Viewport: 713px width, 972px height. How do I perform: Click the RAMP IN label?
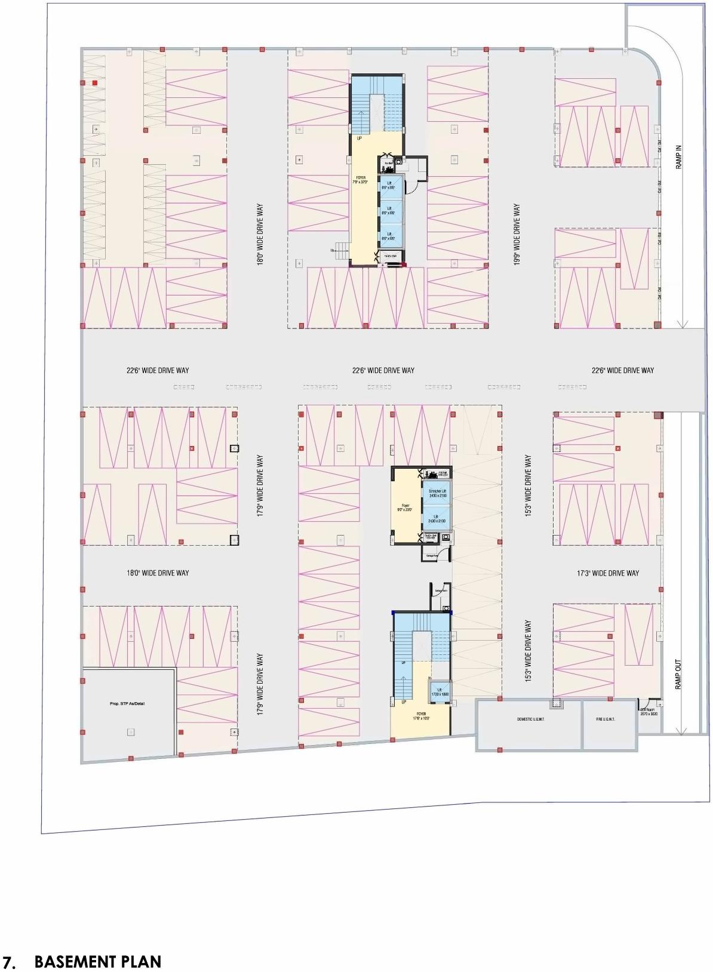(x=679, y=156)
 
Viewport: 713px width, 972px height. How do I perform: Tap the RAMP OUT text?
(x=678, y=675)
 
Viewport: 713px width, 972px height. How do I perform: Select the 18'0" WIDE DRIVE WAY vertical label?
(x=260, y=235)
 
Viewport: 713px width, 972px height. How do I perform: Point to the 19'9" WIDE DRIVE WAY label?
(x=517, y=235)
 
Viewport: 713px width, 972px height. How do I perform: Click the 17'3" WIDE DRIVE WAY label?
(x=608, y=573)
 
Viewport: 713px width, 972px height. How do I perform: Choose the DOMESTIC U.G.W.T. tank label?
(x=530, y=719)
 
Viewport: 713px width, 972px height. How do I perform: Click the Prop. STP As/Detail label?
(x=127, y=703)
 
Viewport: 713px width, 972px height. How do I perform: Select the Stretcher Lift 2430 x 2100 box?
(x=437, y=493)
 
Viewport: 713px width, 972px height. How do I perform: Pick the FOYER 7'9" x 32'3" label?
(x=361, y=180)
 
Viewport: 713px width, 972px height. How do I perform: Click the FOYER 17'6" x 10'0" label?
(x=421, y=716)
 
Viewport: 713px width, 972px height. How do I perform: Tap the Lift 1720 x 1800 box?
(x=440, y=692)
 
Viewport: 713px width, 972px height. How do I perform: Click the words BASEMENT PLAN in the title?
(x=98, y=961)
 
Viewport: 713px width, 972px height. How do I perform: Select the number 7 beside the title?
(x=8, y=962)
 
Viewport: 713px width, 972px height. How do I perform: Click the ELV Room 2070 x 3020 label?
(x=649, y=712)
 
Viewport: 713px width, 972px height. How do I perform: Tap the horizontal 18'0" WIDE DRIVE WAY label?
(x=158, y=573)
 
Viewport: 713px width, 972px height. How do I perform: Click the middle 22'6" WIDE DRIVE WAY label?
(x=383, y=370)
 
